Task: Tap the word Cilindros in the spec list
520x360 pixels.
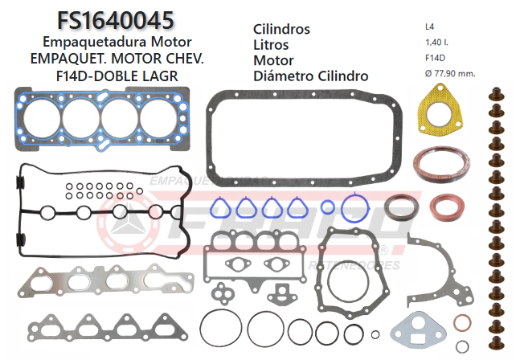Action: coord(281,29)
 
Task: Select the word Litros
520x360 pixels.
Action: coord(271,45)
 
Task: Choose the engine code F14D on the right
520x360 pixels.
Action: coord(436,58)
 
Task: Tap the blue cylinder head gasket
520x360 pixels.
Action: coord(100,121)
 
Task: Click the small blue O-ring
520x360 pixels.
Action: coord(327,207)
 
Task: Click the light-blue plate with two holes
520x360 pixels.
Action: coord(418,329)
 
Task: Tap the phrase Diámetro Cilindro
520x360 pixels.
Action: coord(310,76)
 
